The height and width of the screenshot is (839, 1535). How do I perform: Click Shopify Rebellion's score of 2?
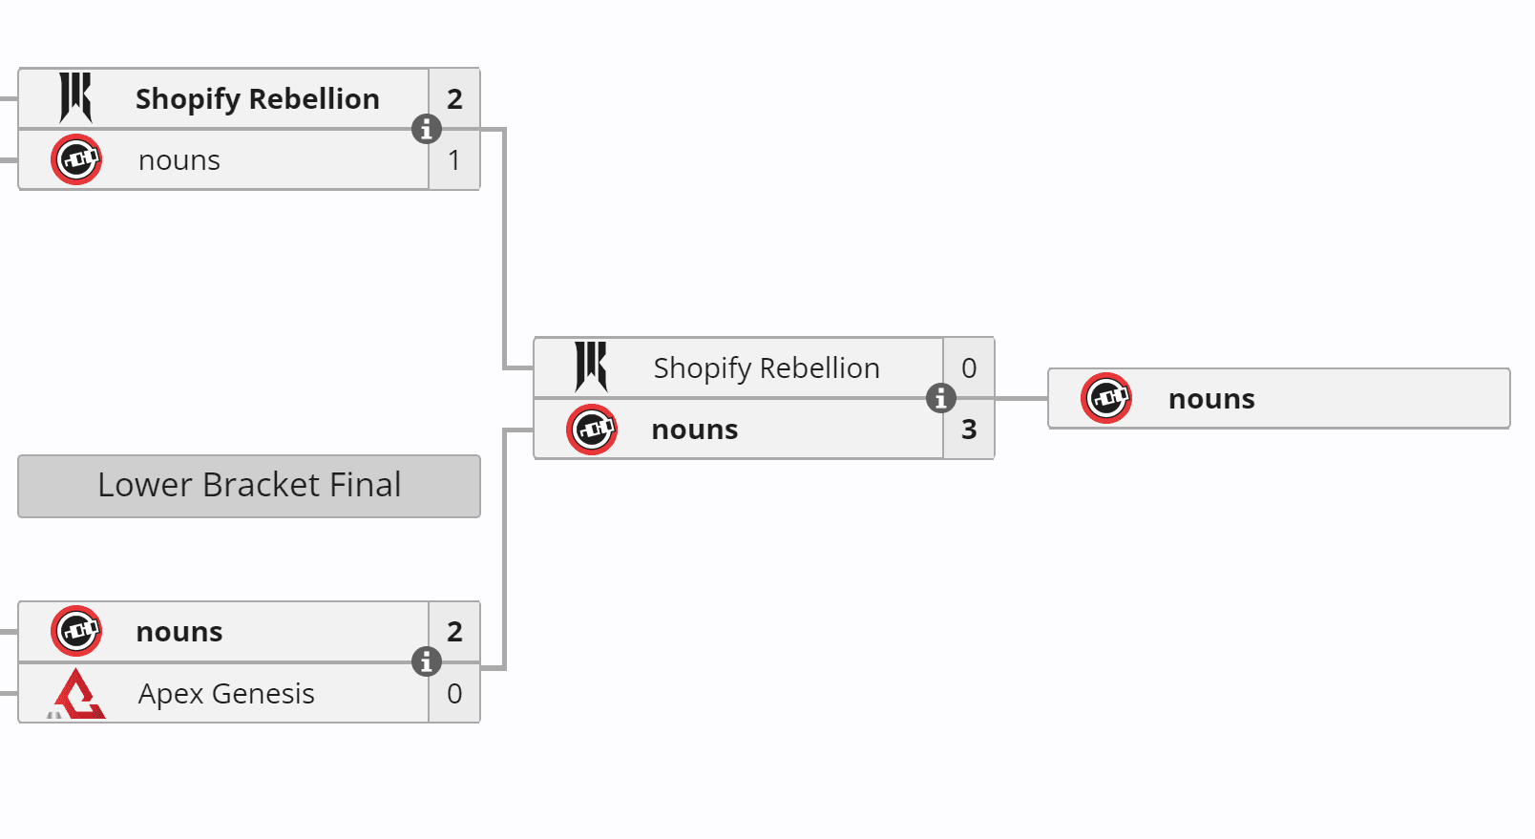(454, 98)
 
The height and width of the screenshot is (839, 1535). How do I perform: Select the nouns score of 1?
(454, 159)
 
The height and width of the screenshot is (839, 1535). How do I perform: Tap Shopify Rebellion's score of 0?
(969, 367)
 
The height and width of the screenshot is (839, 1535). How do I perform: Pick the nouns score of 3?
(969, 430)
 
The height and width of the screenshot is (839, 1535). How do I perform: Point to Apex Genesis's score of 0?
(454, 693)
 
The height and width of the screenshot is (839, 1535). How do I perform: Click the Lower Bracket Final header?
(249, 486)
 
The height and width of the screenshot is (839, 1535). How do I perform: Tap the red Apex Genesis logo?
(77, 694)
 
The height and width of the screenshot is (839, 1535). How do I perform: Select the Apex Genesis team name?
(226, 693)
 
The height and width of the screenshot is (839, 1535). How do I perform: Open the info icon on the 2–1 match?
(427, 128)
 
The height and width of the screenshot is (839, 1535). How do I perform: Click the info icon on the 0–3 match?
(941, 398)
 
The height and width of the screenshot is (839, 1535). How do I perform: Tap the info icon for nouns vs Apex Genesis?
(427, 661)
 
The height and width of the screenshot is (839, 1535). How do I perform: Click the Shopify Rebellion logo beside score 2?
(75, 97)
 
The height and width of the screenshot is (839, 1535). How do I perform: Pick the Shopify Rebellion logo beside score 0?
(591, 367)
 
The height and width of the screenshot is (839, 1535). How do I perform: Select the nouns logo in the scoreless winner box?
(1106, 398)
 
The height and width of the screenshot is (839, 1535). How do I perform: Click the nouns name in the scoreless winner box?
(1211, 399)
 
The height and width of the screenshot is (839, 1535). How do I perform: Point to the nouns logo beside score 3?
(592, 430)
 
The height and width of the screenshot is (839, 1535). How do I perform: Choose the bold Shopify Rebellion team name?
(257, 98)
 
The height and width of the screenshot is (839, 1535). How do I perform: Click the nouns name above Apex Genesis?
(179, 632)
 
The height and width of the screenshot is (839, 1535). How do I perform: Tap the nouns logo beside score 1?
(76, 159)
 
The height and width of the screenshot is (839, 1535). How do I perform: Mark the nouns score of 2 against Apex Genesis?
(454, 631)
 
